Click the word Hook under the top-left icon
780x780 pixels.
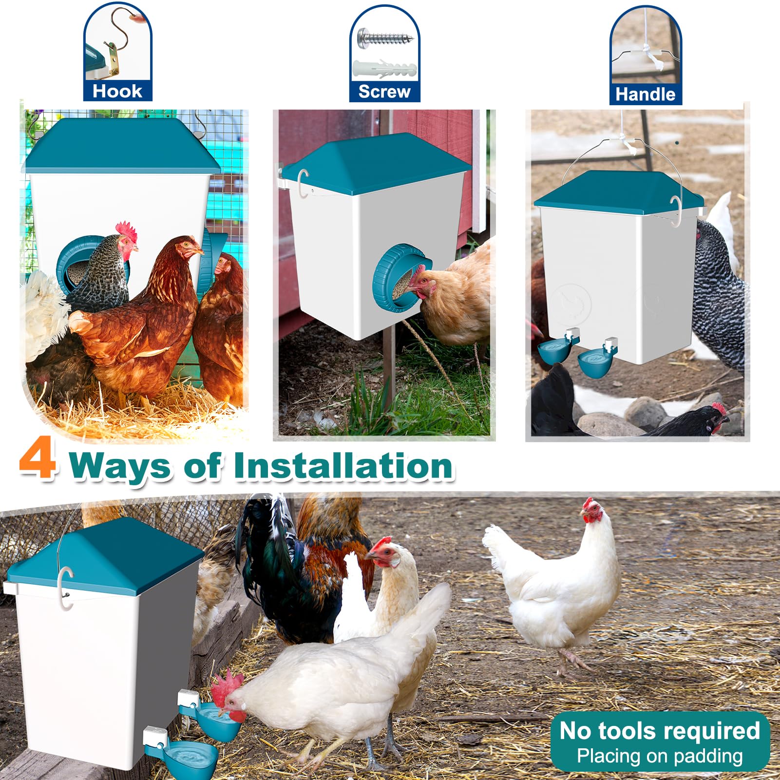(x=117, y=91)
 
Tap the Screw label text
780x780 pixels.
(x=384, y=92)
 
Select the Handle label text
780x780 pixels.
(x=646, y=94)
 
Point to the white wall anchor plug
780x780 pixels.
(x=384, y=69)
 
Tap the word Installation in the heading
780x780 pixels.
(x=343, y=466)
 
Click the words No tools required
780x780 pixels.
(x=660, y=731)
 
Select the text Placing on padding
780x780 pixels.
(x=660, y=756)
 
